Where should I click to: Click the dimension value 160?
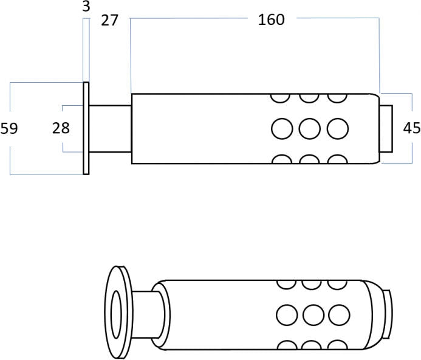point(271,19)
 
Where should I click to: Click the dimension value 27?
point(109,20)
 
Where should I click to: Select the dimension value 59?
point(9,128)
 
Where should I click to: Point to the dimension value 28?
point(60,128)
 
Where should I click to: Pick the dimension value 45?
point(412,128)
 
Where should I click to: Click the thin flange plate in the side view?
point(86,128)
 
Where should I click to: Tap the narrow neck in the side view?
point(110,128)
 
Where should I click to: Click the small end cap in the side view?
point(386,128)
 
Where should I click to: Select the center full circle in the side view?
point(309,128)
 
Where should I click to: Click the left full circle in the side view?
point(281,128)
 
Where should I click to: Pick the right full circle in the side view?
point(337,128)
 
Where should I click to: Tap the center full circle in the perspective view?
point(312,314)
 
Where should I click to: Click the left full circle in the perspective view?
point(286,314)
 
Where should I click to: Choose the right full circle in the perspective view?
point(338,314)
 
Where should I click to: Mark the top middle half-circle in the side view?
point(309,97)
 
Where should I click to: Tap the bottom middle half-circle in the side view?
point(309,160)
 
